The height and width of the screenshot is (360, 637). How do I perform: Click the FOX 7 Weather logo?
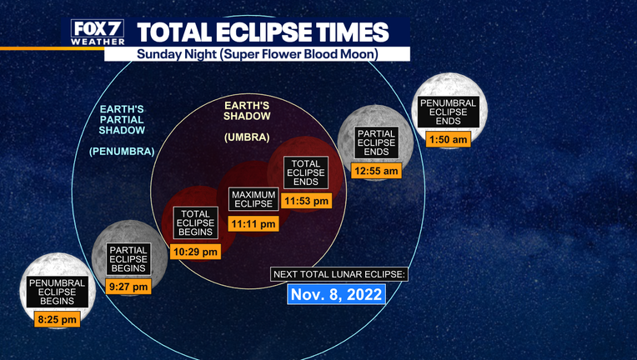(x=98, y=32)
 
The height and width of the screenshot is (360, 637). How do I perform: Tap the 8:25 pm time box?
(x=57, y=319)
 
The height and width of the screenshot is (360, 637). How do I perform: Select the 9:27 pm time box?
(x=128, y=287)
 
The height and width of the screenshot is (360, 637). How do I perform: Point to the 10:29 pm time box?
(x=195, y=252)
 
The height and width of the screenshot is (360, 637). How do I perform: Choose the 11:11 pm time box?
(x=253, y=223)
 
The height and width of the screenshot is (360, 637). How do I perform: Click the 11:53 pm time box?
(x=306, y=201)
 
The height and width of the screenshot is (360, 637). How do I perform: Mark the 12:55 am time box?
(x=376, y=171)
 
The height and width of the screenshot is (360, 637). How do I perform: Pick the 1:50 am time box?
(x=448, y=139)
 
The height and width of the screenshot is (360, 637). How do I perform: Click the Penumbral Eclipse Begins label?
(x=58, y=292)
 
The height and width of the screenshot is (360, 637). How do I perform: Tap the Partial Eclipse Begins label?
(x=128, y=259)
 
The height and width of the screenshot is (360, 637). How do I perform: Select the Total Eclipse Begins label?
(x=195, y=222)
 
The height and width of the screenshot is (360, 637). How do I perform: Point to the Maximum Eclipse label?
(x=253, y=199)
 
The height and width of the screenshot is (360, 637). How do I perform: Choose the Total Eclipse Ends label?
(x=306, y=172)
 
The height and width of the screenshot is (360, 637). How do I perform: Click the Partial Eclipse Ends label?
(x=376, y=142)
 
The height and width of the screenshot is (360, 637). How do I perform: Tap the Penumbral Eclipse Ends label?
(x=448, y=112)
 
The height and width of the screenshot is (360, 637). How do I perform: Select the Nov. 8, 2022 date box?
(x=336, y=294)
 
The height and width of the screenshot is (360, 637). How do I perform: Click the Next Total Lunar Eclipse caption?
(x=339, y=274)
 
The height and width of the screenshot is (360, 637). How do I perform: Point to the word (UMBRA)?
(x=247, y=137)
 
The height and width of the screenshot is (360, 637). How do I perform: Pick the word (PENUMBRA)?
(x=122, y=152)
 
